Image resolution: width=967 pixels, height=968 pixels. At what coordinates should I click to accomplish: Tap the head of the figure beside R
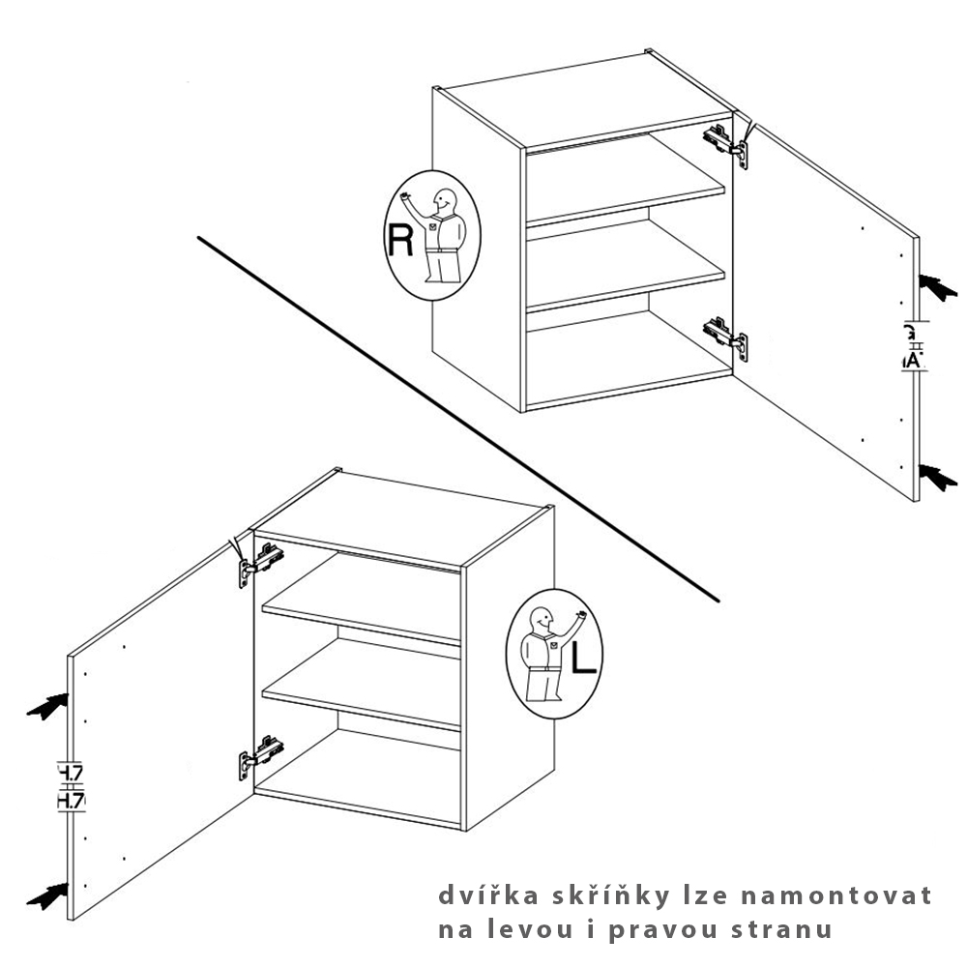click(x=445, y=202)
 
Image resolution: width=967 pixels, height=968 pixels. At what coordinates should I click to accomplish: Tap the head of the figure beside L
click(x=542, y=617)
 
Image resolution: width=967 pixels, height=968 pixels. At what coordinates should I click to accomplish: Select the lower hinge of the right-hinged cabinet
click(x=725, y=337)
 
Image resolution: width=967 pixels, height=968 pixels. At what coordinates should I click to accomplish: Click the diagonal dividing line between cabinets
click(x=454, y=416)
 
